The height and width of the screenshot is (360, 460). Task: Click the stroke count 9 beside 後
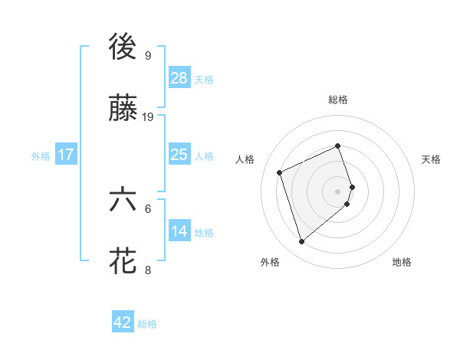point(147,55)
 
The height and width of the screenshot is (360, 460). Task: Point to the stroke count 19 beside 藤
point(149,116)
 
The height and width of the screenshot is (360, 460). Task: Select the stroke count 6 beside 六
point(148,208)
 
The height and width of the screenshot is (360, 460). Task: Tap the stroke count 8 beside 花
point(148,269)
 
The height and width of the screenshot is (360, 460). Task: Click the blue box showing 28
point(179,78)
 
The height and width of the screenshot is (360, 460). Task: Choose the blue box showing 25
point(179,155)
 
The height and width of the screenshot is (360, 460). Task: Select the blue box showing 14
point(179,231)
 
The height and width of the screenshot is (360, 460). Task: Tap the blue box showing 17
point(66,155)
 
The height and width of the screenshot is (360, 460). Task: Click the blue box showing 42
point(123,322)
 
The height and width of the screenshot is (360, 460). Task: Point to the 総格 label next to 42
point(147,324)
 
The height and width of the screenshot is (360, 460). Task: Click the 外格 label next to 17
point(41,155)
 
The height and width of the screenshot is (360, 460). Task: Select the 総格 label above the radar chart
point(338,100)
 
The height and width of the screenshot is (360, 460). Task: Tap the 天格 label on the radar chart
point(432,159)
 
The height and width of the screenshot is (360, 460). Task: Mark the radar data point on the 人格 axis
point(281,172)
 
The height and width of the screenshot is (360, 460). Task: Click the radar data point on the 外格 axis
point(301,242)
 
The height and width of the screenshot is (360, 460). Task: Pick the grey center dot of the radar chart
point(338,190)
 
